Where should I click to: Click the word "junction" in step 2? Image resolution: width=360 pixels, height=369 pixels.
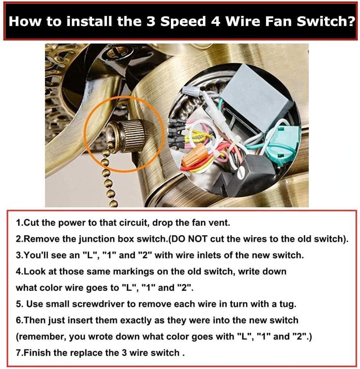click(x=103, y=239)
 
